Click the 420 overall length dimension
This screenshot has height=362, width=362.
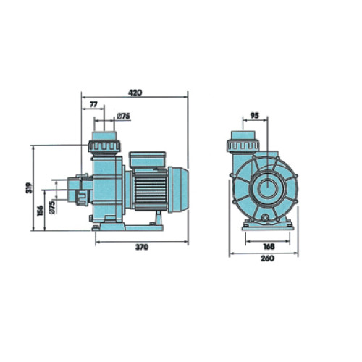[x=135, y=93]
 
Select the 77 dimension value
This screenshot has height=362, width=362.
[x=93, y=104]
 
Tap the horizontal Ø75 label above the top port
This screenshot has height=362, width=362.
[x=123, y=117]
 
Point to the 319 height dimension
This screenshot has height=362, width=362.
[x=29, y=188]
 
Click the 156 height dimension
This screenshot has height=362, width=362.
[x=41, y=211]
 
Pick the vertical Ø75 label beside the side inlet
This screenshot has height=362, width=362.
[x=52, y=207]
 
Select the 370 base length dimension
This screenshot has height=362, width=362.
[x=142, y=248]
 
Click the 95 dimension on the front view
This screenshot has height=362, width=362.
[x=254, y=116]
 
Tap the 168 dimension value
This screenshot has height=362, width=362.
[x=269, y=246]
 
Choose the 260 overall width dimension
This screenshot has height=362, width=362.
[x=268, y=258]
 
